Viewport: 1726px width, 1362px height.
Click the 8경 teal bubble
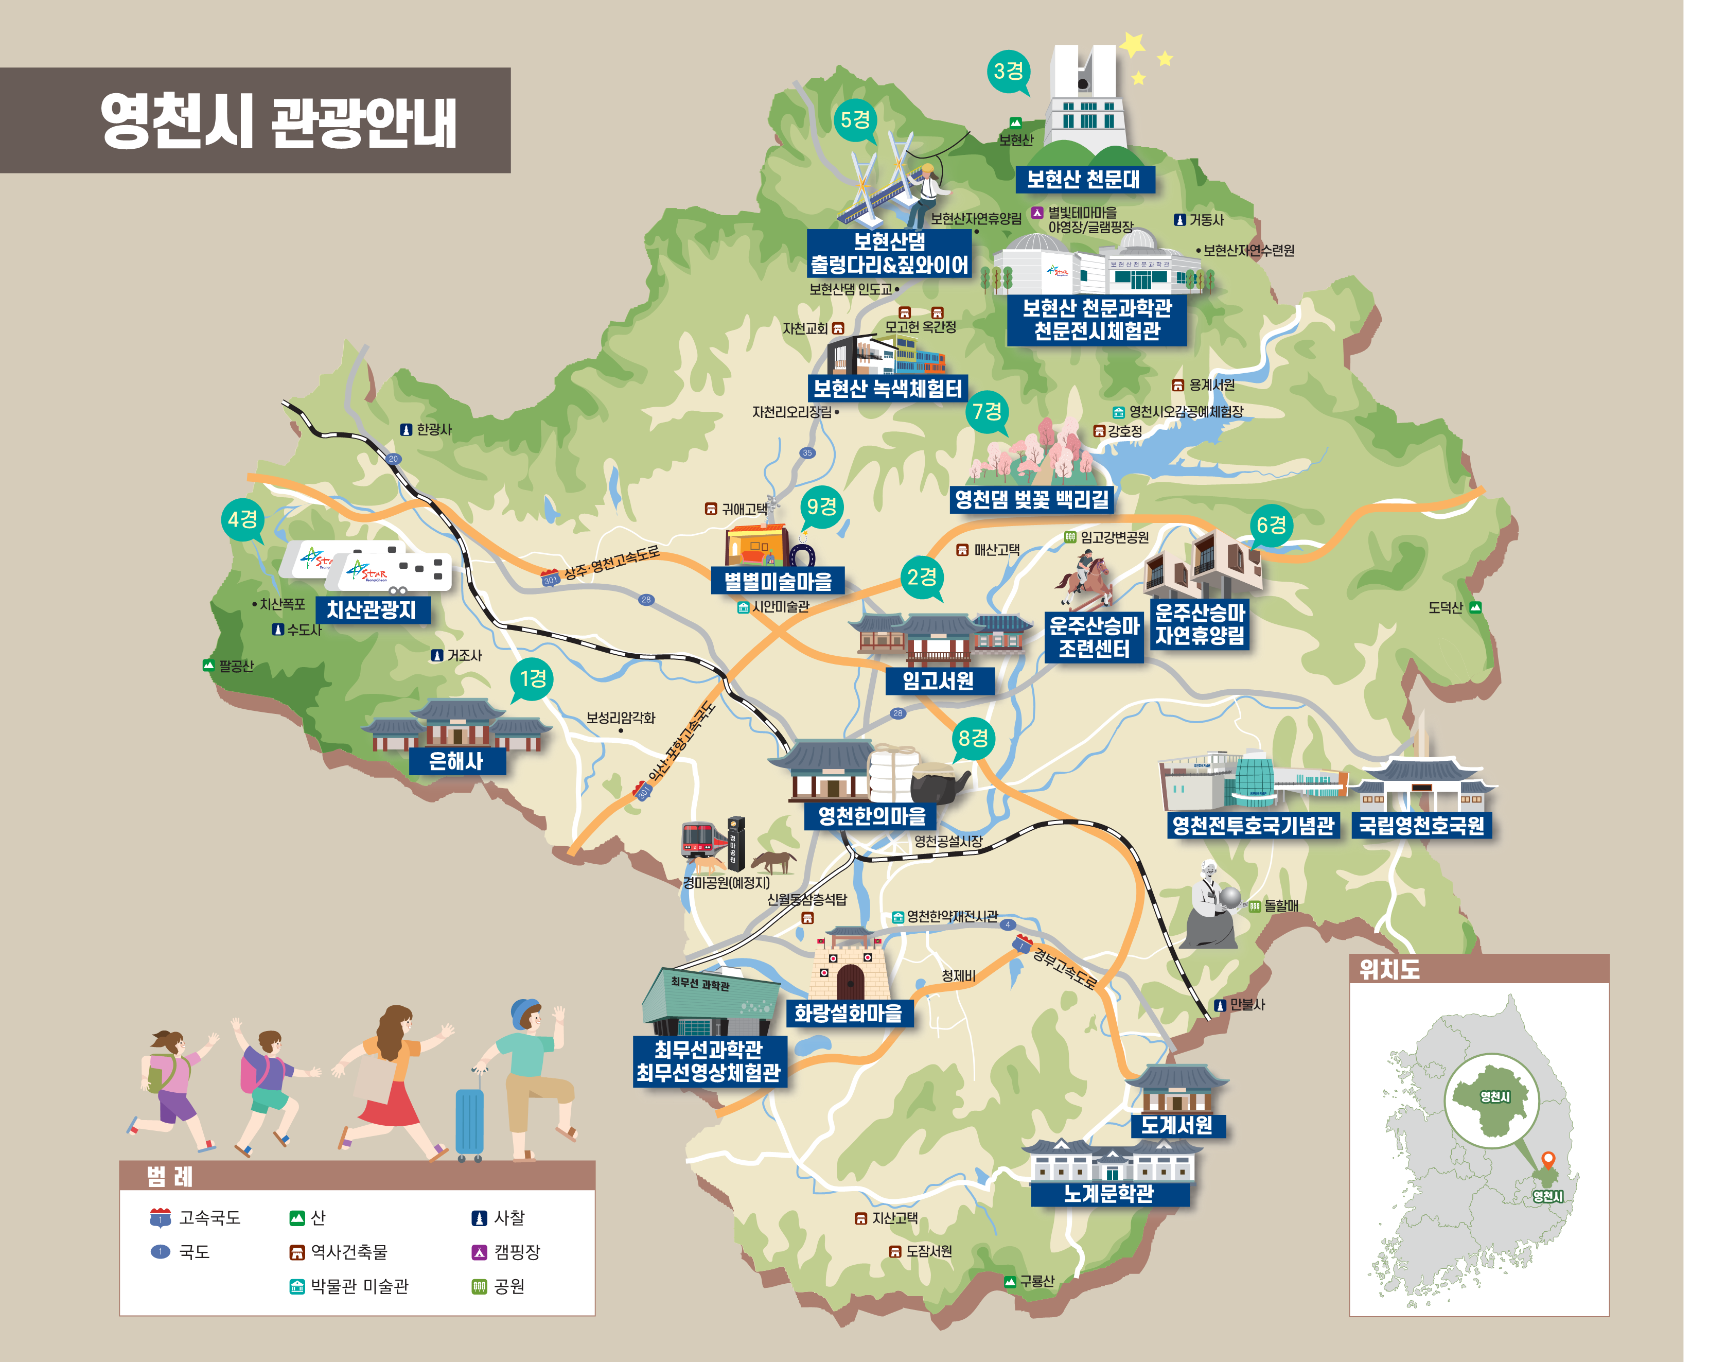point(973,739)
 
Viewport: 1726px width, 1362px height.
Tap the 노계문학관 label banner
point(1109,1194)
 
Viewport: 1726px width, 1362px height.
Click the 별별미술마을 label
point(777,581)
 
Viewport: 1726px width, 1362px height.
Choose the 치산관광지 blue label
point(372,610)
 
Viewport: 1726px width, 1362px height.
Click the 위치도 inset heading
point(1389,970)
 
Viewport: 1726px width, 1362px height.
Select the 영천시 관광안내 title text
point(278,121)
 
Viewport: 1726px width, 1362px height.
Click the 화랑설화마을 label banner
point(848,1012)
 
